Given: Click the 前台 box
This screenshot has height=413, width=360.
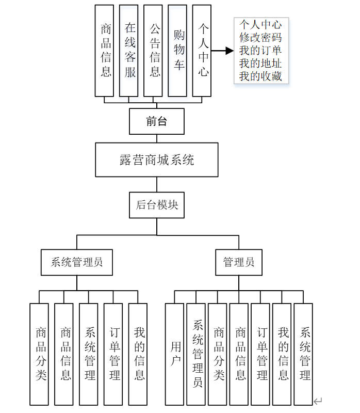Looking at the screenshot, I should click(156, 121).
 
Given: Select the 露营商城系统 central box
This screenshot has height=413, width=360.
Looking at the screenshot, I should click(156, 160).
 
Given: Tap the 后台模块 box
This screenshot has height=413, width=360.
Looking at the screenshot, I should click(156, 204).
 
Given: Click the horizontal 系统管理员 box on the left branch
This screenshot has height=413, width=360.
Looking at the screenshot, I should click(77, 262).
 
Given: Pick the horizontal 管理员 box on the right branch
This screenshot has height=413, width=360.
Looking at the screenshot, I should click(239, 262).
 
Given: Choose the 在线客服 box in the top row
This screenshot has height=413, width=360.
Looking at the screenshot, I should click(130, 51).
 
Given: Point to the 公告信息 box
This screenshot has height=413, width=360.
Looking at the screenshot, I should click(154, 51).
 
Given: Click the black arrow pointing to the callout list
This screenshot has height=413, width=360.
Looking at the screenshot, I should click(222, 51).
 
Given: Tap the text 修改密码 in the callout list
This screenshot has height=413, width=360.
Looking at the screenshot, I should click(260, 37).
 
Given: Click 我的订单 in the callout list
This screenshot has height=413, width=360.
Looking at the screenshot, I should click(260, 51).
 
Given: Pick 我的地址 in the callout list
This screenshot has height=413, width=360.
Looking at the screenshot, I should click(260, 64).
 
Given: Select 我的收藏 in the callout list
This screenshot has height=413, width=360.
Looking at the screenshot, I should click(260, 77).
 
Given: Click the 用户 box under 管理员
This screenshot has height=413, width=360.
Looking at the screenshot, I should click(175, 354).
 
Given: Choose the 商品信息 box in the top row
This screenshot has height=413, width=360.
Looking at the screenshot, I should click(106, 51).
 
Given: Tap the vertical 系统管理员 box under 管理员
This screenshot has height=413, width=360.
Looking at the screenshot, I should click(197, 354).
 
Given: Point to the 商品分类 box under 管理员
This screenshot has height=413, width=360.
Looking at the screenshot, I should click(219, 354).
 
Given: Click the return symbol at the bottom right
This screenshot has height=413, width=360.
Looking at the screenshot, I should click(318, 401).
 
